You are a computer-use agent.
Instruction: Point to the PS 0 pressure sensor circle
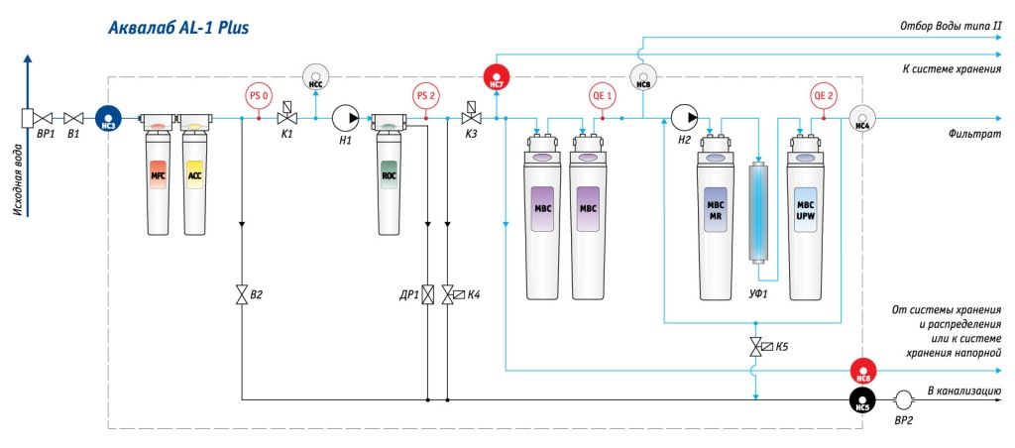click(x=259, y=96)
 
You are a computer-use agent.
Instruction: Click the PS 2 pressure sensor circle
click(x=425, y=96)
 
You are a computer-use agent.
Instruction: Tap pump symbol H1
click(x=345, y=118)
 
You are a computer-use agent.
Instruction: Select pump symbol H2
click(x=684, y=118)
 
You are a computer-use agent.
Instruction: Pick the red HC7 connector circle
click(x=497, y=76)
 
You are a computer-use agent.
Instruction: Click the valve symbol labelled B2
click(x=241, y=294)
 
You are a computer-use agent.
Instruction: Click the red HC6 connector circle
click(x=862, y=372)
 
